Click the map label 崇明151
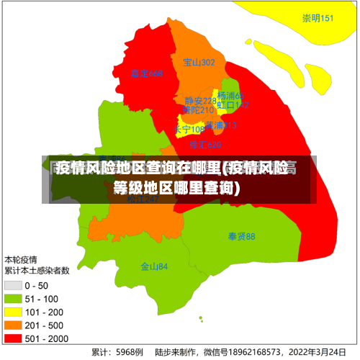click(x=318, y=19)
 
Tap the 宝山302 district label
click(x=199, y=63)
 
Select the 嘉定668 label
click(x=146, y=73)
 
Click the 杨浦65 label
click(x=230, y=96)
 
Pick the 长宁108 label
click(x=189, y=130)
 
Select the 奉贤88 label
click(x=241, y=236)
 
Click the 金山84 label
click(x=154, y=266)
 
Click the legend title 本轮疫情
click(x=22, y=258)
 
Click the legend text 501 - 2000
click(x=47, y=338)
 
